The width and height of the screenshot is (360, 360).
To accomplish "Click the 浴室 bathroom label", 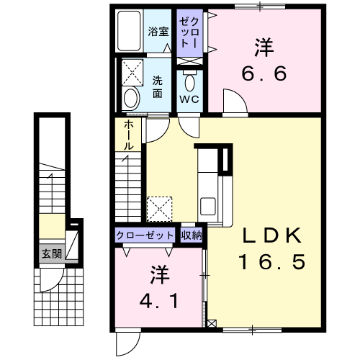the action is click(158, 32).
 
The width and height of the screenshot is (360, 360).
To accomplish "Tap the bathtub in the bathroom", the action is click(129, 31).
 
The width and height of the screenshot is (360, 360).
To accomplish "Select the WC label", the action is click(189, 99).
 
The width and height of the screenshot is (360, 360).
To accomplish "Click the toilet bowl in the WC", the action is click(189, 82).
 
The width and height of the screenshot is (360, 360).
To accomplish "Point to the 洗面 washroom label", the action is click(158, 87).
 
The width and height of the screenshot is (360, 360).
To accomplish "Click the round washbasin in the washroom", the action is click(131, 99).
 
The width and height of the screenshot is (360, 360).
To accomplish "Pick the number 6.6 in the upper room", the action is click(264, 73).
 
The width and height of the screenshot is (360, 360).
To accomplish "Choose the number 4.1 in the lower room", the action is click(159, 301).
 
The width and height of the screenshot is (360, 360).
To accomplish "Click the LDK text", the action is click(271, 236).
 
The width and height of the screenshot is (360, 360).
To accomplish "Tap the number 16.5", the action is click(272, 261).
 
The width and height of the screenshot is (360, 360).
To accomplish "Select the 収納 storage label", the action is click(192, 235).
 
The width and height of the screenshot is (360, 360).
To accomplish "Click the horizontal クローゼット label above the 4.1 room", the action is click(145, 235).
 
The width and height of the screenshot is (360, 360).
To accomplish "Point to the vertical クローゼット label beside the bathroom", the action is click(189, 33).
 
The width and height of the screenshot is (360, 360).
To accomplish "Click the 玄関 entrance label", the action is click(52, 254).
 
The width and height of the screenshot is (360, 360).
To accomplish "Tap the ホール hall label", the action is click(128, 135).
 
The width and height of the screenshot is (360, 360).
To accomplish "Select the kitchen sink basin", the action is click(208, 206).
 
